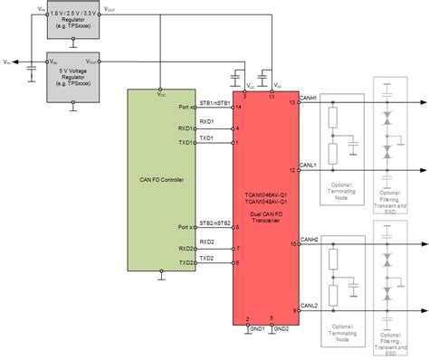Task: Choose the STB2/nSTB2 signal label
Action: pos(214,221)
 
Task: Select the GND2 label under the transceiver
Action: pos(281,328)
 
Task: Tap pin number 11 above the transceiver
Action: pos(271,94)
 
